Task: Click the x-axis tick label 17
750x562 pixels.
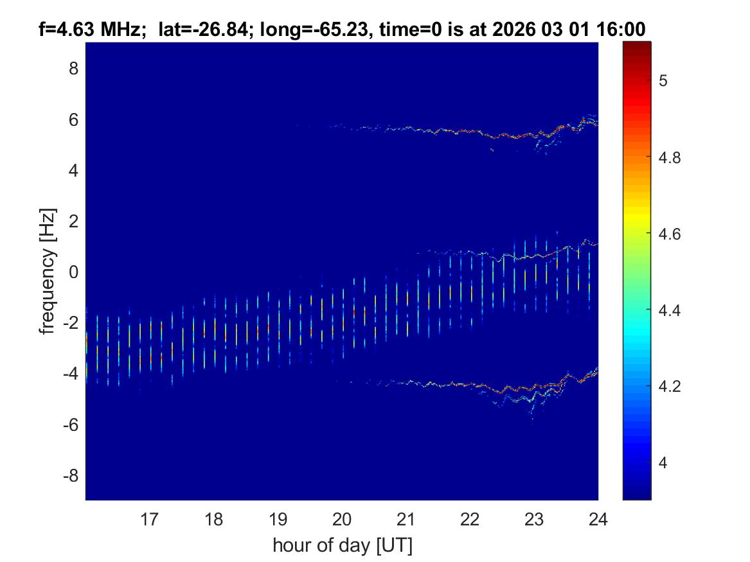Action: pos(150,518)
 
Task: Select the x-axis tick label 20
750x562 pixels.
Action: pos(342,518)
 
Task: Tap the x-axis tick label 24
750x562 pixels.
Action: pos(598,518)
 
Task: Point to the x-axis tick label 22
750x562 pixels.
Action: pos(470,518)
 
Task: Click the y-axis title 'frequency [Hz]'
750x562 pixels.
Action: pos(46,271)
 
